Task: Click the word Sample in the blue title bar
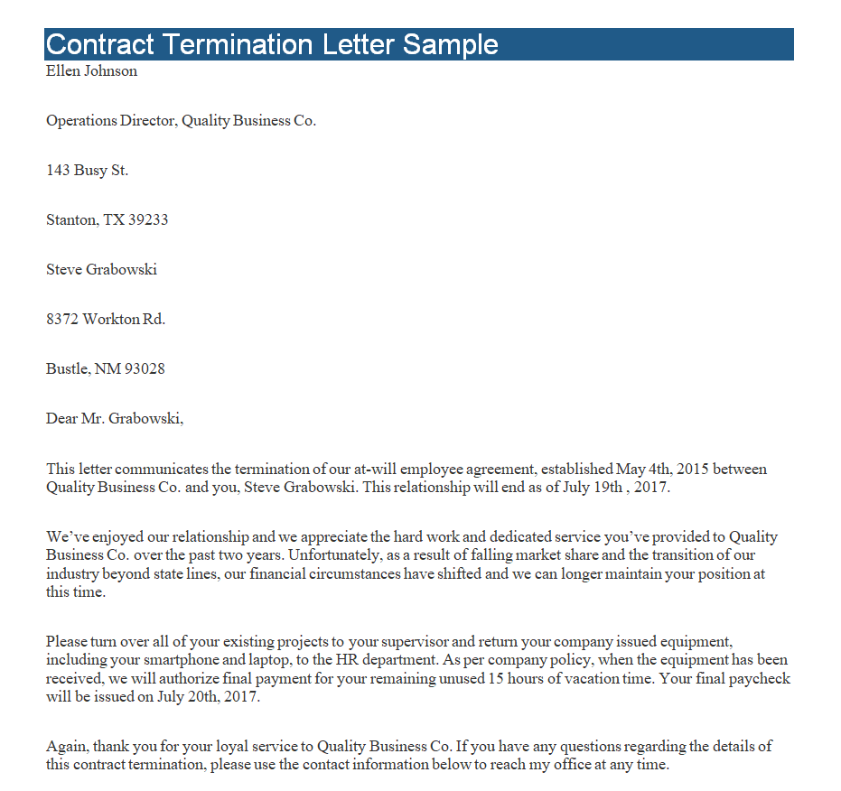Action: (451, 44)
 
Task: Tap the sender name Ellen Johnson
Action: (91, 71)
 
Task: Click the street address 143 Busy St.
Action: (87, 171)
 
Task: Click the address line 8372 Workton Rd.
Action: (106, 320)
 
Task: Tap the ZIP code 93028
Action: (145, 369)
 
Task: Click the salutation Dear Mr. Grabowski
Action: (115, 419)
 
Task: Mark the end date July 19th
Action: (590, 488)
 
